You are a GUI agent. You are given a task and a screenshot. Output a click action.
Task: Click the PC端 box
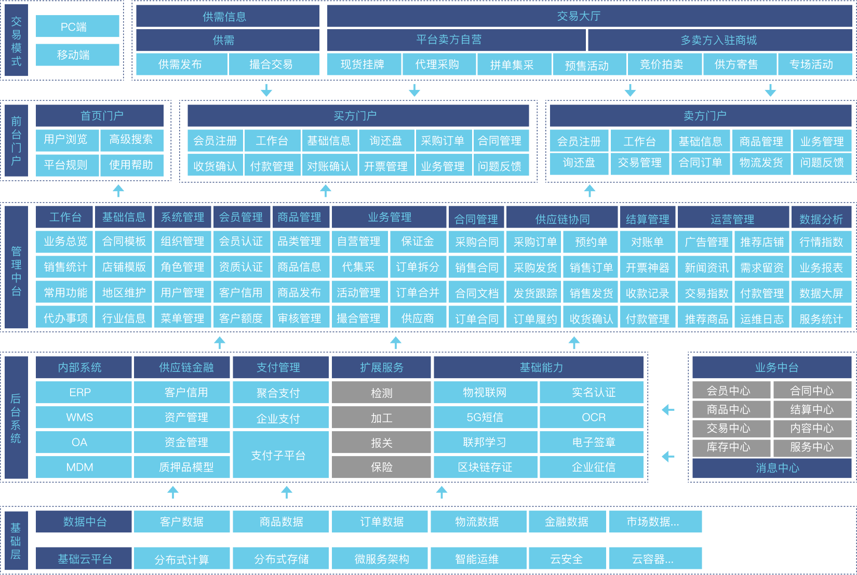[x=77, y=26]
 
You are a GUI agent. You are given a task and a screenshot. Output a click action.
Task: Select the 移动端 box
[x=77, y=55]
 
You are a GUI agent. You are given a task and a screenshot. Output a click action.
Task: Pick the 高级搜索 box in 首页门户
[x=131, y=140]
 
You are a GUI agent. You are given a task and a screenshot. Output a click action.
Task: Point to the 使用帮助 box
[x=131, y=165]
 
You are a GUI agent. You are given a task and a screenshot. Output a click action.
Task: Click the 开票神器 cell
[x=647, y=268]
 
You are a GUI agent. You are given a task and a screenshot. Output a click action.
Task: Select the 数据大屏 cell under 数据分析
[x=821, y=293]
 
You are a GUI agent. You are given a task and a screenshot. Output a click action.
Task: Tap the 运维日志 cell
[x=762, y=318]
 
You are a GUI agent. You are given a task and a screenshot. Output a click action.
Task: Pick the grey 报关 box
[x=381, y=443]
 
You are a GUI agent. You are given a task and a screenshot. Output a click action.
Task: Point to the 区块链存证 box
[x=485, y=467]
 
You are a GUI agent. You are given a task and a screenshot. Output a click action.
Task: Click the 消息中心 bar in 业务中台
[x=772, y=468]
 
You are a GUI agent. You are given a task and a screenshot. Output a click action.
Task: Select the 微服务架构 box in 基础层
[x=381, y=559]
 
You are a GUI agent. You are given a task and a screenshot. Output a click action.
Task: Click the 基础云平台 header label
[x=84, y=559]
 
